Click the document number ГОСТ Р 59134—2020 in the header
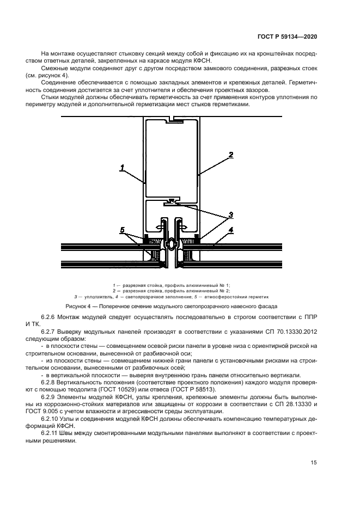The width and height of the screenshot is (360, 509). point(288,36)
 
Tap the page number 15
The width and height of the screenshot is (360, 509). point(314,463)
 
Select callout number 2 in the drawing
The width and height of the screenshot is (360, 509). point(231,155)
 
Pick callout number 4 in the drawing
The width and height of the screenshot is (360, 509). point(230,230)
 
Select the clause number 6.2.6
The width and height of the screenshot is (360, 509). point(50,317)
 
